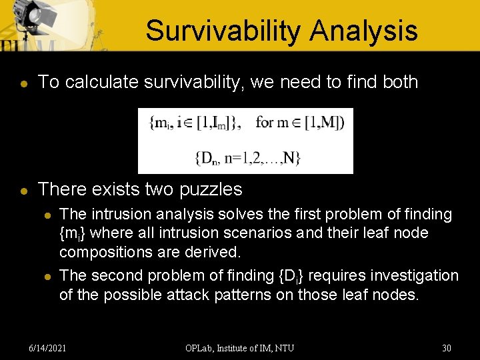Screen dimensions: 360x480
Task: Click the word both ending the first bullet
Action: (401, 82)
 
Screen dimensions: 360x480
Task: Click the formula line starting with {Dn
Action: (247, 158)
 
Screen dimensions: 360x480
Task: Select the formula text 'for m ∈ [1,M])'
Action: (300, 123)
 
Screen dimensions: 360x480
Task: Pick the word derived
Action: (217, 253)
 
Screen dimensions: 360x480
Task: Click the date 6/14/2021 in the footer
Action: (48, 347)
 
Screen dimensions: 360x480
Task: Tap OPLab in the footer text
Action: (201, 347)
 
